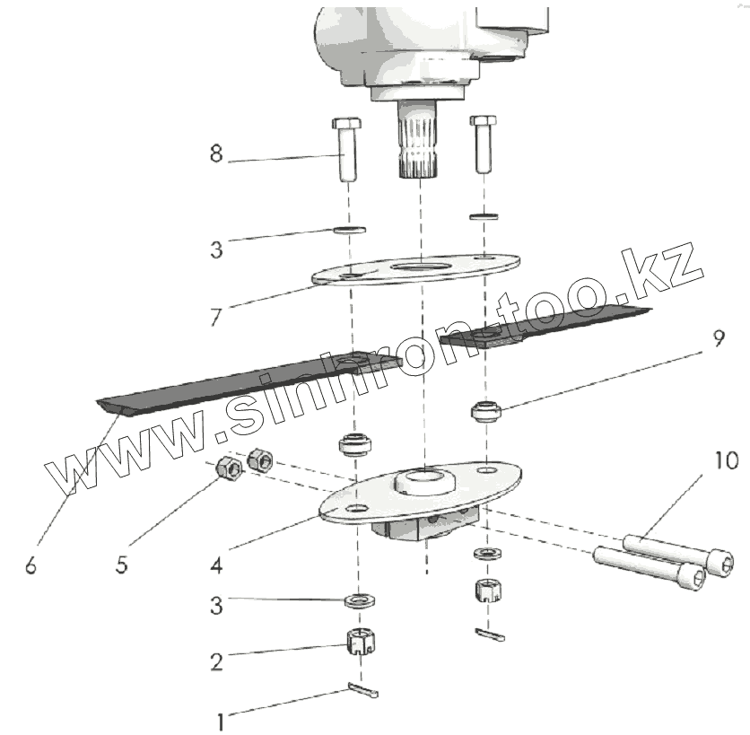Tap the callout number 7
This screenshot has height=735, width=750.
215,317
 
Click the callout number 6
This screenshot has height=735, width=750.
31,565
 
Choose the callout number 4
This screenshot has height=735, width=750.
215,565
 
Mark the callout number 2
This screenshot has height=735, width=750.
215,662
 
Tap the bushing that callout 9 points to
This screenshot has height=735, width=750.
484,413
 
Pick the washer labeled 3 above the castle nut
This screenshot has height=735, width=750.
359,599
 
